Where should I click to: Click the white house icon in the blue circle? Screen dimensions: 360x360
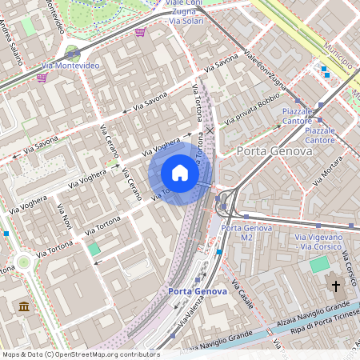pyautogui.click(x=180, y=173)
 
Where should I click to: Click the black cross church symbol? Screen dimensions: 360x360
pyautogui.click(x=336, y=286)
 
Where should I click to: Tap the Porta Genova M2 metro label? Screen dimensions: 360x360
pyautogui.click(x=247, y=233)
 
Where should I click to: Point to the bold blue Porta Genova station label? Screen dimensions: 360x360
pyautogui.click(x=198, y=291)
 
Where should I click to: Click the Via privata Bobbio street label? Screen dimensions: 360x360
pyautogui.click(x=251, y=109)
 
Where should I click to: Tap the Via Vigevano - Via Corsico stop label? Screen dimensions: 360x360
pyautogui.click(x=319, y=242)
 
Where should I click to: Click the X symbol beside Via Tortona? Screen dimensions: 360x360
pyautogui.click(x=210, y=130)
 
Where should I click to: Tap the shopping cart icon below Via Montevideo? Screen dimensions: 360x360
pyautogui.click(x=41, y=78)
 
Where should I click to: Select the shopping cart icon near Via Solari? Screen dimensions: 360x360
pyautogui.click(x=140, y=32)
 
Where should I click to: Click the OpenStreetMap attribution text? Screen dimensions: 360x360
pyautogui.click(x=81, y=354)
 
